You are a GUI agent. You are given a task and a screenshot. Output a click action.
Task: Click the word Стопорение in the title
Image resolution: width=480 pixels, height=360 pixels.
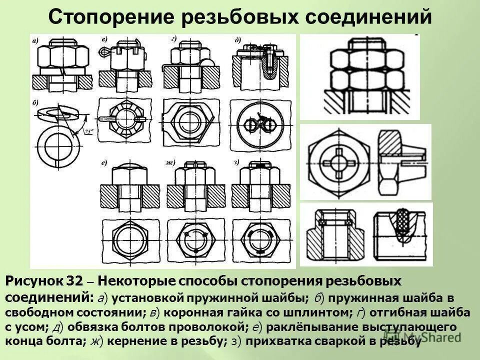(x=118, y=17)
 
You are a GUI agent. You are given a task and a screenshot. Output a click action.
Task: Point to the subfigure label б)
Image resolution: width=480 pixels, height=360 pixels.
(x=35, y=104)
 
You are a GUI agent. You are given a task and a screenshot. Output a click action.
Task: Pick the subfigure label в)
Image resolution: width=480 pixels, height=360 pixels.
(x=104, y=39)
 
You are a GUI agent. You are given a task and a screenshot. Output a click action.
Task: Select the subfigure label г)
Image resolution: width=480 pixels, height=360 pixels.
(x=173, y=39)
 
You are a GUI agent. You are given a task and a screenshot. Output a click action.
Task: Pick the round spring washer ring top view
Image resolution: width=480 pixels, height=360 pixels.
(x=56, y=147)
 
